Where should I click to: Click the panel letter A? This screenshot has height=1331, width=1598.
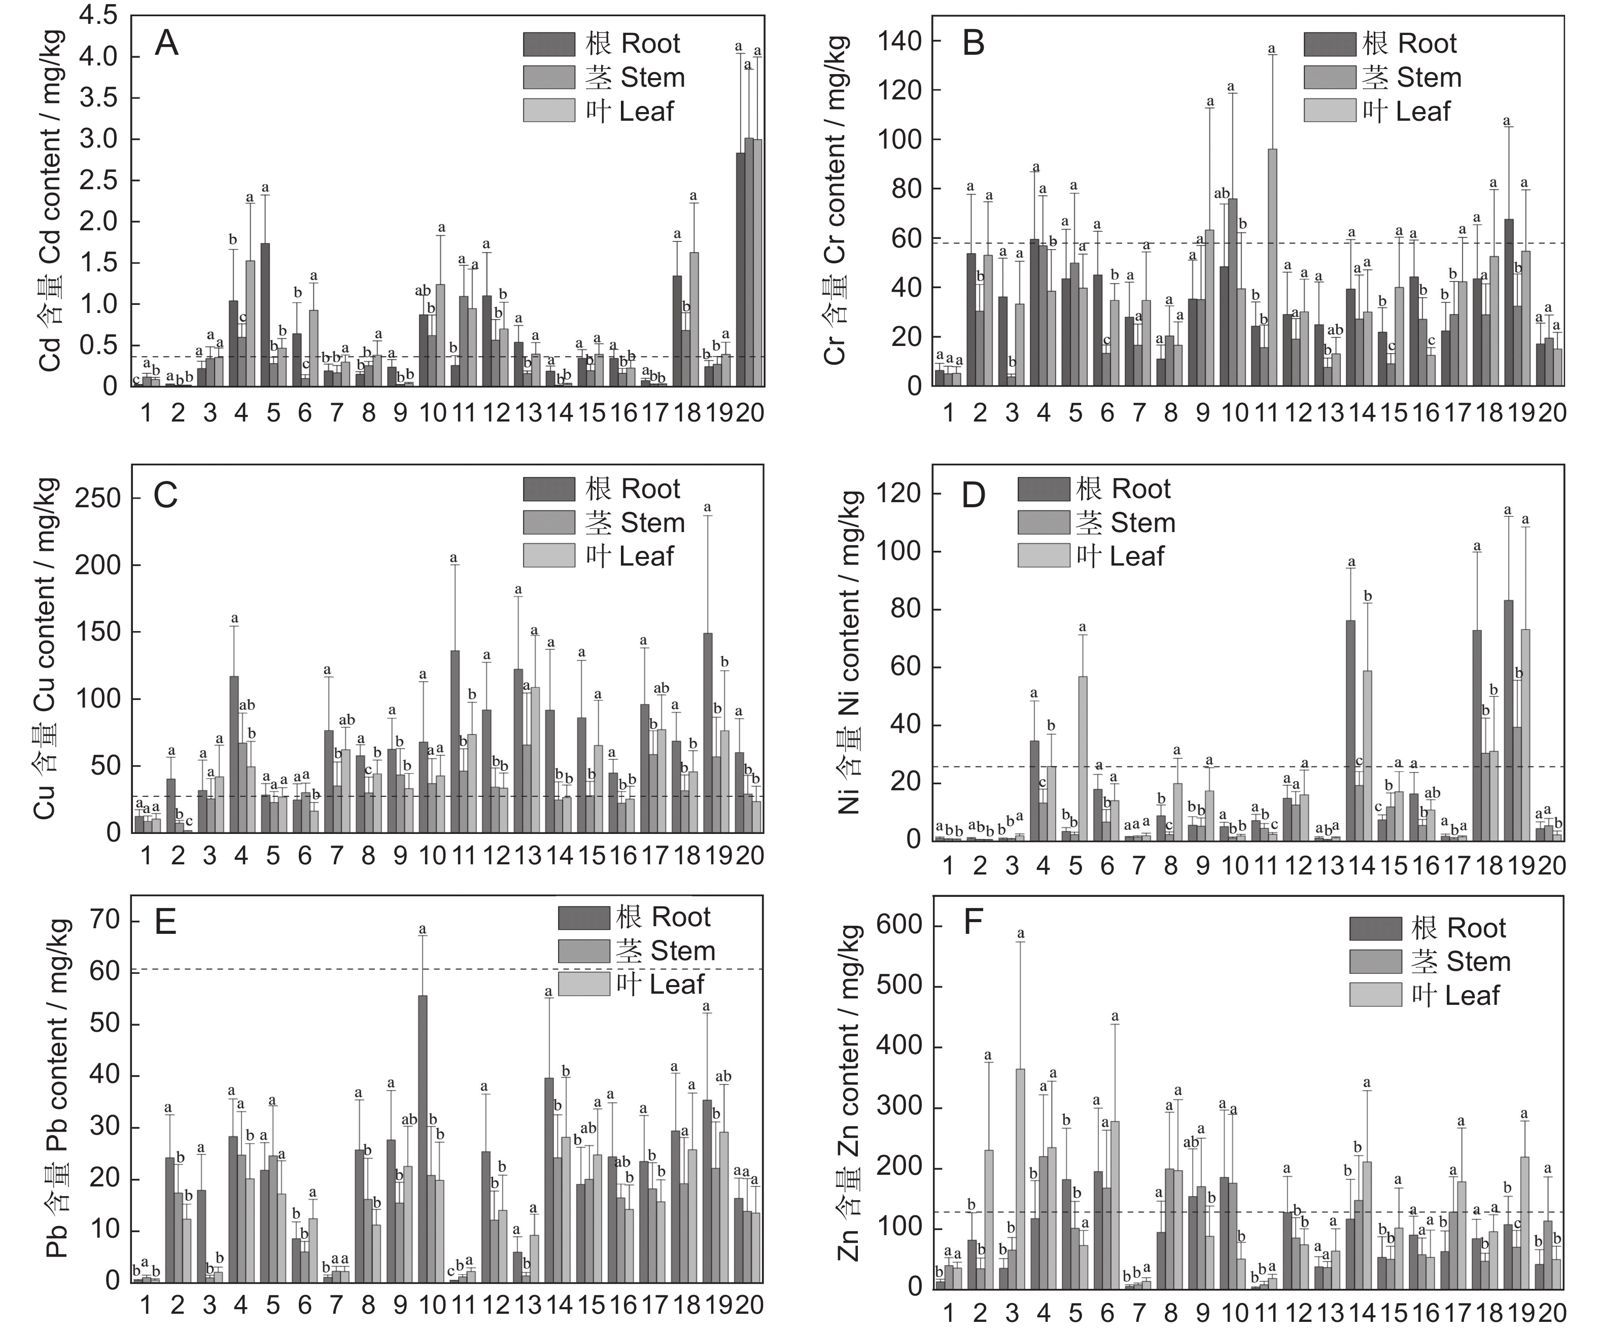166,44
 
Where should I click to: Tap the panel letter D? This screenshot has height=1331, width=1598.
974,496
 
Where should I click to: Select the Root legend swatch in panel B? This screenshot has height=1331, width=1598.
1329,44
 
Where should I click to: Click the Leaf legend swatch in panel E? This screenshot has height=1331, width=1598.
583,984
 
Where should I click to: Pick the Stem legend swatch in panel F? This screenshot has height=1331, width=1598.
1375,962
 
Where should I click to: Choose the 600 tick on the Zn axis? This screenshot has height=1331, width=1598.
899,926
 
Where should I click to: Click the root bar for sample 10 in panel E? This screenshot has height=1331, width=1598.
422,1138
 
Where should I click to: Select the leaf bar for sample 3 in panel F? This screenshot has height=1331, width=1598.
1020,1179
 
